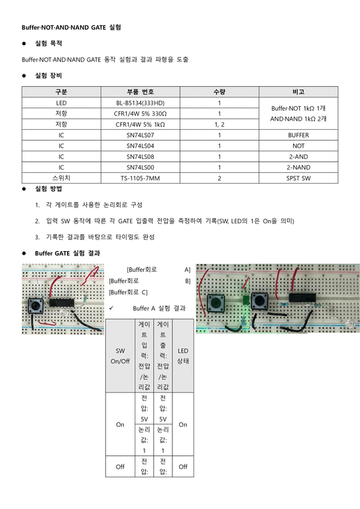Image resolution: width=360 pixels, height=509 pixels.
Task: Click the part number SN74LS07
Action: click(x=140, y=135)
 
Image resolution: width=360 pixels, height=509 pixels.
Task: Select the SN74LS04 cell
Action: click(x=140, y=145)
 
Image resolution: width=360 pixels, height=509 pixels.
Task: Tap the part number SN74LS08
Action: click(x=140, y=156)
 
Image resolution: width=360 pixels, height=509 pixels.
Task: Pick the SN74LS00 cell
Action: click(x=140, y=167)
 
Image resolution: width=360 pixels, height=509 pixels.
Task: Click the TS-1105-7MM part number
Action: click(x=140, y=178)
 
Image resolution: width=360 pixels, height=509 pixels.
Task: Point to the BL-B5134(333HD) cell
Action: click(x=140, y=103)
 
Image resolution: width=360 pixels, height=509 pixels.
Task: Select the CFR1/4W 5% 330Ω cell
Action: click(x=140, y=113)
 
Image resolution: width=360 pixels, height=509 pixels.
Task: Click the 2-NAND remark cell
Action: click(x=298, y=167)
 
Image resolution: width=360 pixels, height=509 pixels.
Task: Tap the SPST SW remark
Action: click(x=298, y=178)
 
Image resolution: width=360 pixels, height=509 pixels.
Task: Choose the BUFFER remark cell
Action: click(x=298, y=135)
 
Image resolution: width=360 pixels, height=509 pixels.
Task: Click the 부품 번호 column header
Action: click(x=140, y=91)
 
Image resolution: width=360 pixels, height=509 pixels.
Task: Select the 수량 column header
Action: click(x=219, y=91)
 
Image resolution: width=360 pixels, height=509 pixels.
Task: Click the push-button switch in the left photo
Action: click(x=36, y=306)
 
